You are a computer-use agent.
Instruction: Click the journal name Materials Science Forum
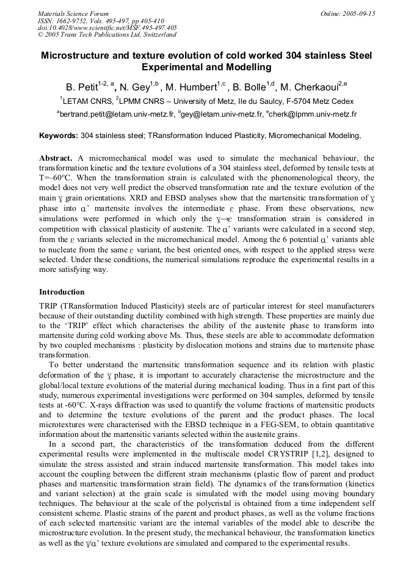[73, 13]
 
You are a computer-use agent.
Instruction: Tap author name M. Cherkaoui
[311, 87]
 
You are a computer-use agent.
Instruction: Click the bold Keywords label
[59, 135]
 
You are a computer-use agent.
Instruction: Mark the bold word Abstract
[56, 158]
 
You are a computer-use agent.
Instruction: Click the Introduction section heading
[62, 292]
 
